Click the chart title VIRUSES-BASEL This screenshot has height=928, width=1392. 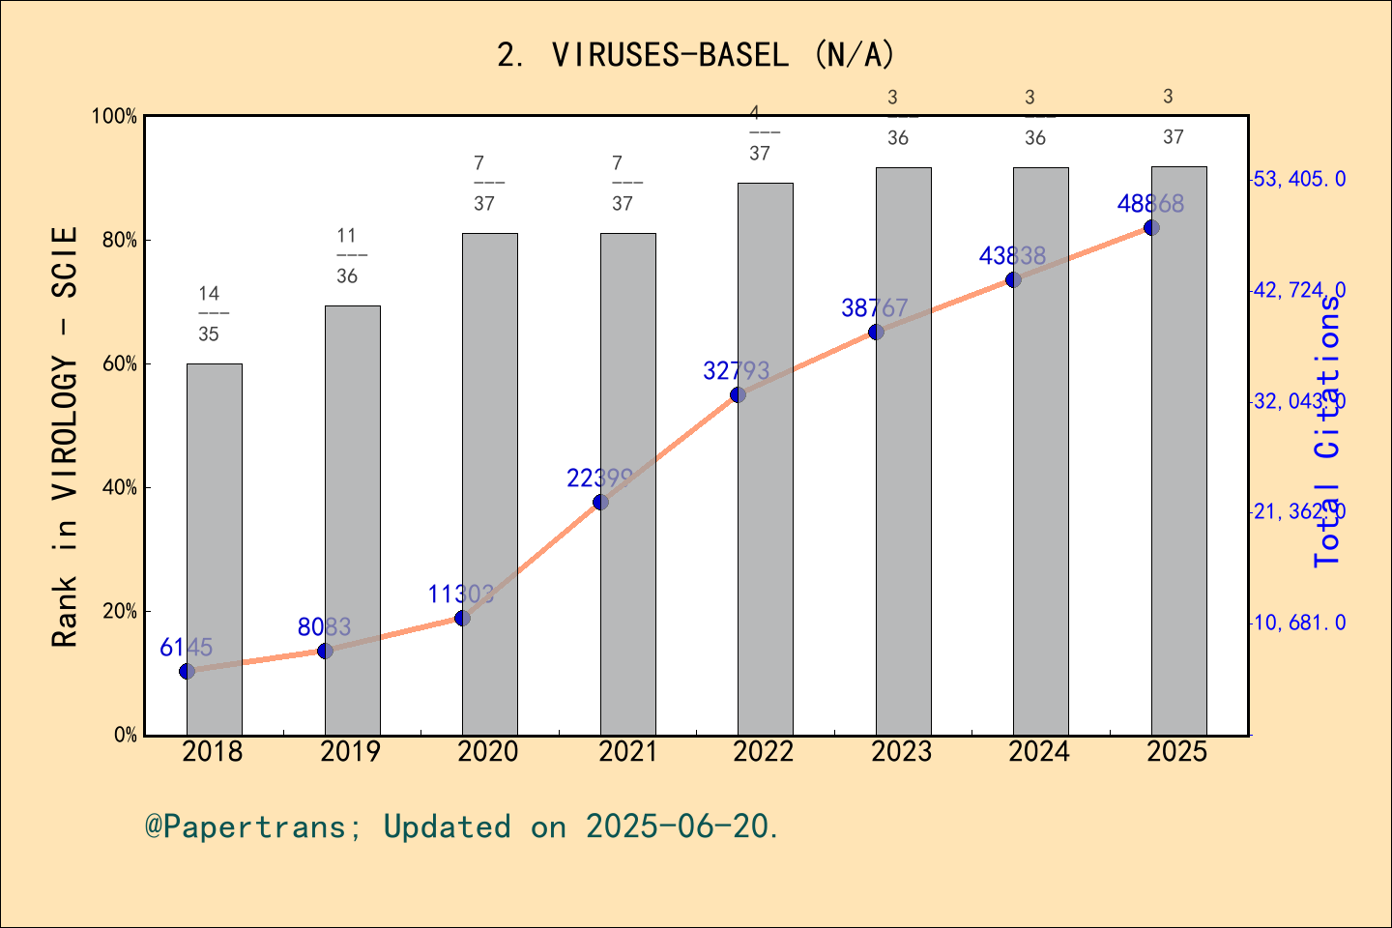696,55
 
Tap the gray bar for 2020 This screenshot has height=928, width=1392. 490,483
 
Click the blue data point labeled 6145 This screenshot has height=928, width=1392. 188,671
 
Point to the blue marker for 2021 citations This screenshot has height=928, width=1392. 600,502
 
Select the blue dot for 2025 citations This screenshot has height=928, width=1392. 1151,228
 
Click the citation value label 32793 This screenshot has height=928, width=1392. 737,370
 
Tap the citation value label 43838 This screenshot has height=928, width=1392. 1012,256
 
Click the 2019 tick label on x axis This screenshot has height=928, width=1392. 350,752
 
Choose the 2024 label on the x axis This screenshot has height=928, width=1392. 1039,752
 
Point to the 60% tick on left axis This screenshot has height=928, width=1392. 120,364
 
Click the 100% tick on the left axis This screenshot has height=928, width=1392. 115,117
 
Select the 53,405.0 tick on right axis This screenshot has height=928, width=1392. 1299,179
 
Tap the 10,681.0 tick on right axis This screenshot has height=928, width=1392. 1299,623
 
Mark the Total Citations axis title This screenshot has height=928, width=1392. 1327,431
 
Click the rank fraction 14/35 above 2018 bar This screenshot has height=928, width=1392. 209,313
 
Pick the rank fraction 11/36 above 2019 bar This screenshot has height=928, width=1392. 347,255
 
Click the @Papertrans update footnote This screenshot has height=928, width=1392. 462,826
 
